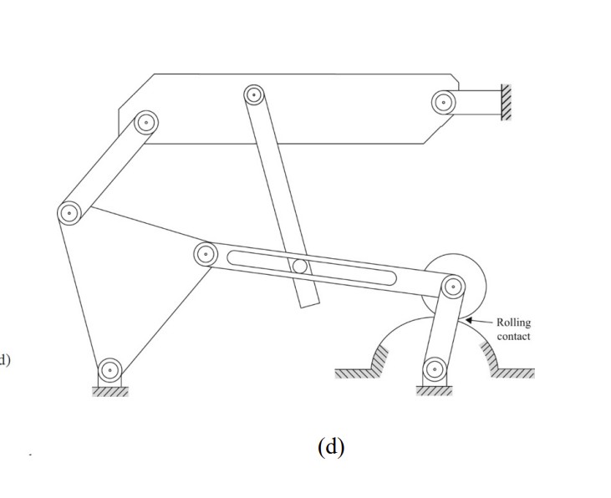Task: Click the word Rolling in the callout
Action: (x=513, y=323)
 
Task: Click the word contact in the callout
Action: (x=513, y=336)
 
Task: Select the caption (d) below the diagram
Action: (x=331, y=446)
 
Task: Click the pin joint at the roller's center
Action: (x=452, y=287)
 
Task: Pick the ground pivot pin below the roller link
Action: (x=434, y=368)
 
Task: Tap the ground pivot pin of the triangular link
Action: (x=110, y=368)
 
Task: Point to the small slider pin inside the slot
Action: (x=298, y=267)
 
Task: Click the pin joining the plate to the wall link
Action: (x=443, y=102)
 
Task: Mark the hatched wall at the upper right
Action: (x=505, y=103)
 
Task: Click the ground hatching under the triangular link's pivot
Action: (x=110, y=391)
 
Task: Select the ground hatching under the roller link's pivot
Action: (x=434, y=390)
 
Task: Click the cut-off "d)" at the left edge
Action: (x=5, y=360)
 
